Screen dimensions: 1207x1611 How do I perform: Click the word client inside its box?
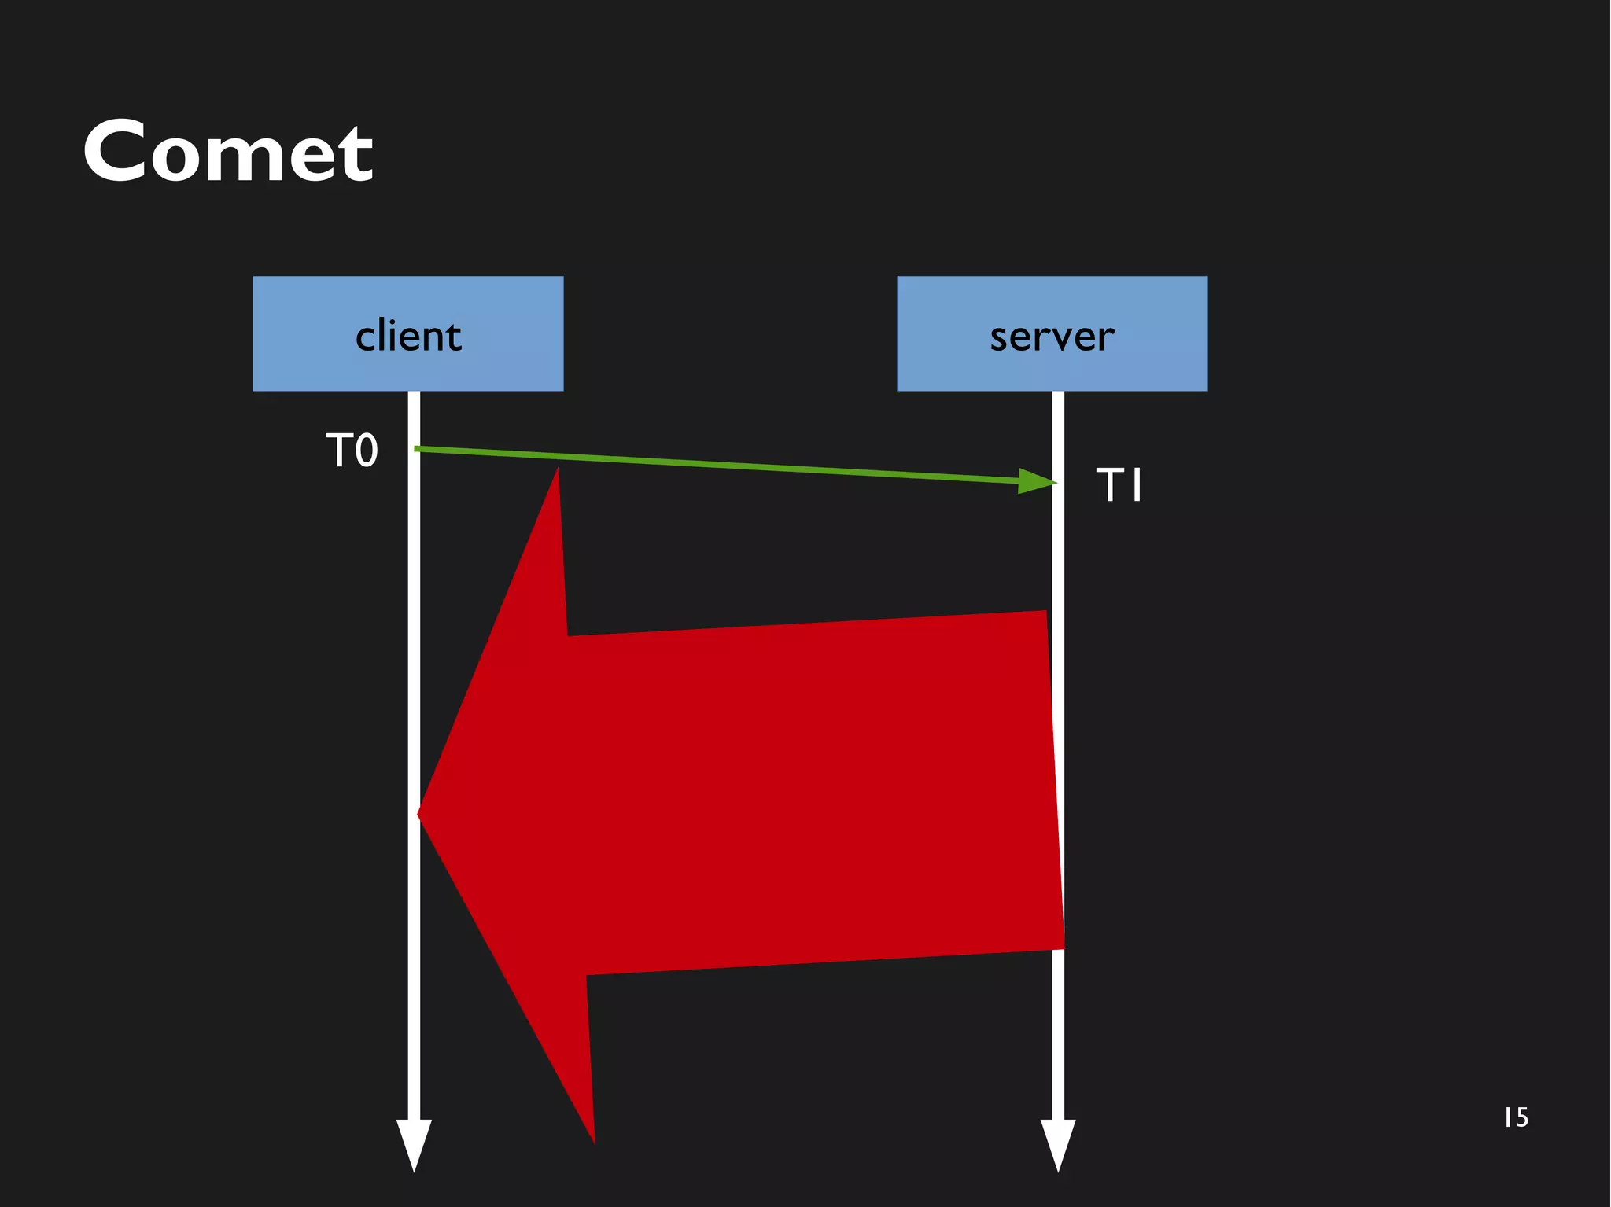pos(407,337)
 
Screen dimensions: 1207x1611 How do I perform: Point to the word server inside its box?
pos(1052,337)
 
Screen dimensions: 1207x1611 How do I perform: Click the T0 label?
pos(352,451)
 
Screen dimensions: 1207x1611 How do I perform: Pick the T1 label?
pos(1119,484)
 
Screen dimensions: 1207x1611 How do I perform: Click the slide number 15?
pos(1516,1117)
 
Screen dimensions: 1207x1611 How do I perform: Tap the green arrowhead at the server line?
pos(1037,481)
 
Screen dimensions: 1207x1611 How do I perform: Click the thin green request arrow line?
pos(708,464)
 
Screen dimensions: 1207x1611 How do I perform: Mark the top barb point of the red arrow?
pos(557,472)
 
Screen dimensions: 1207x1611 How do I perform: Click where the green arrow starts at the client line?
pos(417,448)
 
